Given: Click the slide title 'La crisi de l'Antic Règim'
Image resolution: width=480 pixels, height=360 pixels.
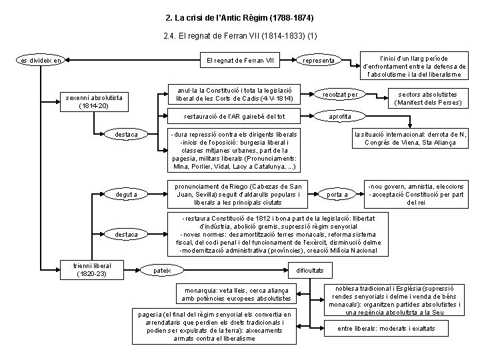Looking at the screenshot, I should click(x=239, y=15).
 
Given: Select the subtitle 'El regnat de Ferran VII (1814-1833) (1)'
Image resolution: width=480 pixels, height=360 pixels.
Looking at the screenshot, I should click(x=239, y=35).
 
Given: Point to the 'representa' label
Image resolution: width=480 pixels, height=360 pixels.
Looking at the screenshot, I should click(x=319, y=61).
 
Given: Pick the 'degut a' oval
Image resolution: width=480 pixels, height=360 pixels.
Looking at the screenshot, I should click(x=126, y=194).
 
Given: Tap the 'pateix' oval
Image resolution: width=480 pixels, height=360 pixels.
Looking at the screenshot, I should click(x=162, y=270).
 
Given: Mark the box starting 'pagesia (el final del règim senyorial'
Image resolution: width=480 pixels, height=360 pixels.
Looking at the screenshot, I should click(x=213, y=326).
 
